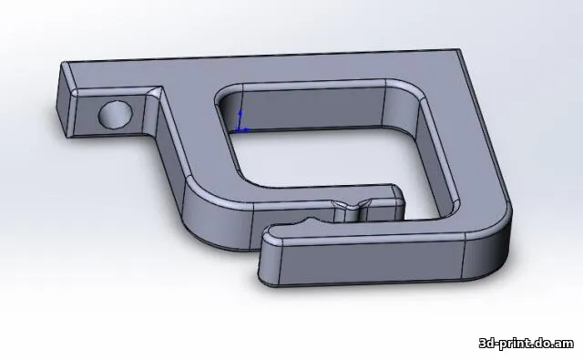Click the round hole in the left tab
pos(116,113)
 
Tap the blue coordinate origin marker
pos(239,129)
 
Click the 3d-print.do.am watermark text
pos(527,343)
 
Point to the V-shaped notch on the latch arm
pos(351,204)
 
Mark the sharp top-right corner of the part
pos(460,49)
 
